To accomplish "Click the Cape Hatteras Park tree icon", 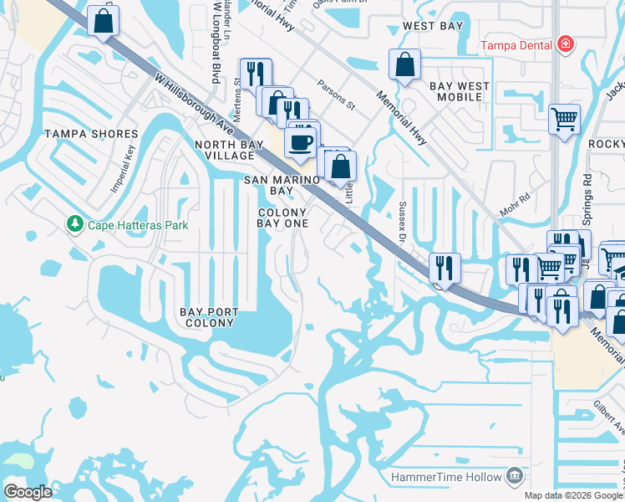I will [x=75, y=224].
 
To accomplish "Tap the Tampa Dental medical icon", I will [x=565, y=43].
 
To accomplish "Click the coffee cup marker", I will [x=301, y=141].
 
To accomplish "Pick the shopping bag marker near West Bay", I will [x=404, y=64].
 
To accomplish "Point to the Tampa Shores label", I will [x=91, y=134].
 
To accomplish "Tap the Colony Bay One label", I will [x=282, y=218].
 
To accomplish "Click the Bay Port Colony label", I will [x=209, y=318].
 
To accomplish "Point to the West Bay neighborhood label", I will [x=432, y=26].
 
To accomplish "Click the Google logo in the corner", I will [x=28, y=492].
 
